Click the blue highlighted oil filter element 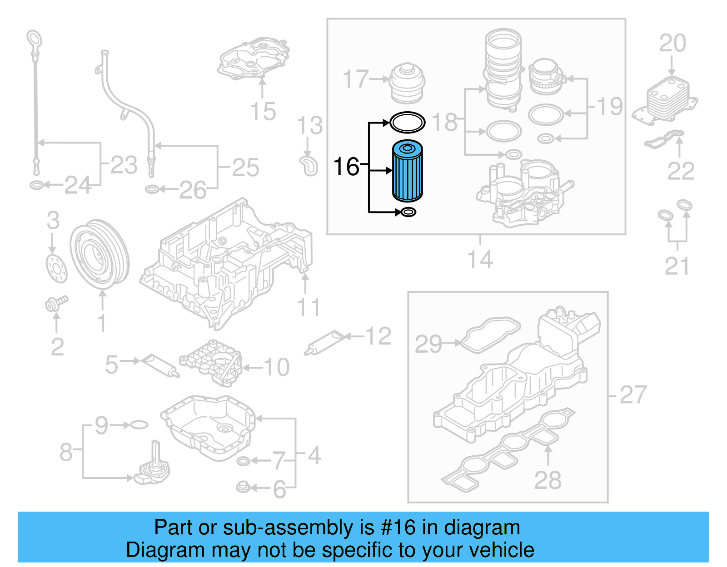pyautogui.click(x=408, y=171)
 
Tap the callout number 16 pyautogui.click(x=346, y=167)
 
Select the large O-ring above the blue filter pyautogui.click(x=408, y=122)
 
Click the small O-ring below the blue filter pyautogui.click(x=408, y=212)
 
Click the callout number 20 pyautogui.click(x=672, y=44)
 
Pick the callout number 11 pyautogui.click(x=309, y=307)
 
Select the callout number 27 pyautogui.click(x=632, y=394)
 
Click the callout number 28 pyautogui.click(x=548, y=480)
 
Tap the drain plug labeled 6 pyautogui.click(x=244, y=487)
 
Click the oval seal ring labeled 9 pyautogui.click(x=139, y=425)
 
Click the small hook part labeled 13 pyautogui.click(x=309, y=166)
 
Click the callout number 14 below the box pyautogui.click(x=480, y=260)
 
